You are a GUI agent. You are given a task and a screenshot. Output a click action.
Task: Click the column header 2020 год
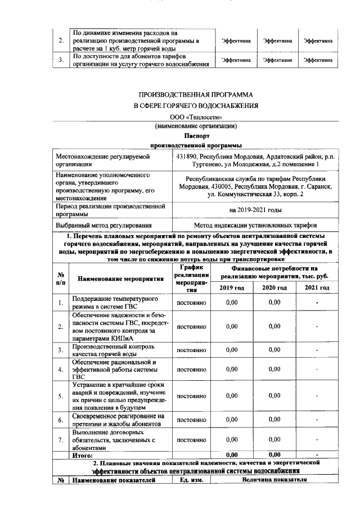coord(274,287)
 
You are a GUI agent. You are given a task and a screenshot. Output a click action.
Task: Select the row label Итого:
coord(83,454)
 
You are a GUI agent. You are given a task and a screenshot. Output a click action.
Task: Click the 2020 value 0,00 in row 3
coord(274,350)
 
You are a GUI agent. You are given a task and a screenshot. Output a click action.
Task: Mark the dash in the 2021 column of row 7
coord(317,439)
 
